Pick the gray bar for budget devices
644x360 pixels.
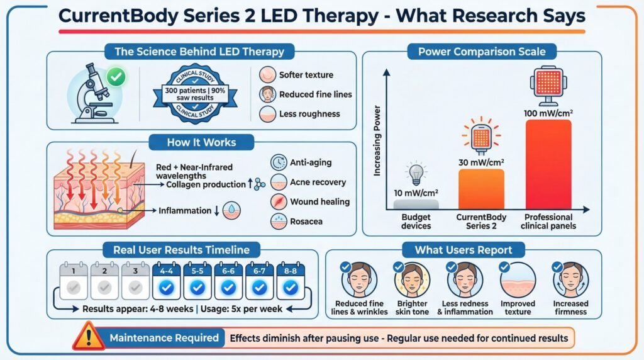click(415, 205)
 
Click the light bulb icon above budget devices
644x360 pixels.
click(416, 172)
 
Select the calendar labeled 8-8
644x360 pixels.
click(290, 280)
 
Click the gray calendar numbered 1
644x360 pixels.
click(74, 280)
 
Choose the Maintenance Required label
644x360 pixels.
click(164, 338)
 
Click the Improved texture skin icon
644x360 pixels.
click(518, 279)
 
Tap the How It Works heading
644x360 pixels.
click(202, 142)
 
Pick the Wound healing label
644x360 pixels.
click(319, 202)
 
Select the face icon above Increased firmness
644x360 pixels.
click(570, 279)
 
